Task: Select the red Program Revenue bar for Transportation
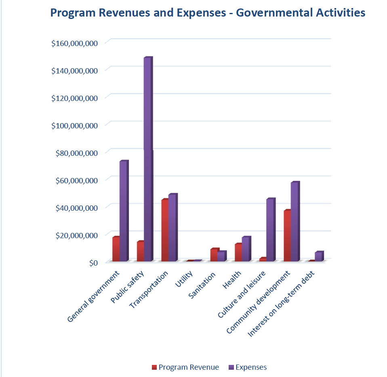(165, 230)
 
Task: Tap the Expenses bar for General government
(124, 211)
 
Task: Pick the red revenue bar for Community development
(287, 235)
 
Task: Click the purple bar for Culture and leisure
(271, 230)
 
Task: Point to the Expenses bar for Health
(246, 249)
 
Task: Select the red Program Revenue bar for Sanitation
(214, 255)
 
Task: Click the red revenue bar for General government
(116, 249)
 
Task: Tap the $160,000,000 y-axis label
(74, 44)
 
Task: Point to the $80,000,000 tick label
(76, 153)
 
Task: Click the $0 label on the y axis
(94, 263)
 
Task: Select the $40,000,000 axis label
(76, 208)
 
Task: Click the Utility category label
(184, 279)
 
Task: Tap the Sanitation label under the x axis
(202, 285)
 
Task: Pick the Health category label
(232, 280)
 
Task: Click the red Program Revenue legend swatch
(154, 367)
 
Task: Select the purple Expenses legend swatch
(231, 367)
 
